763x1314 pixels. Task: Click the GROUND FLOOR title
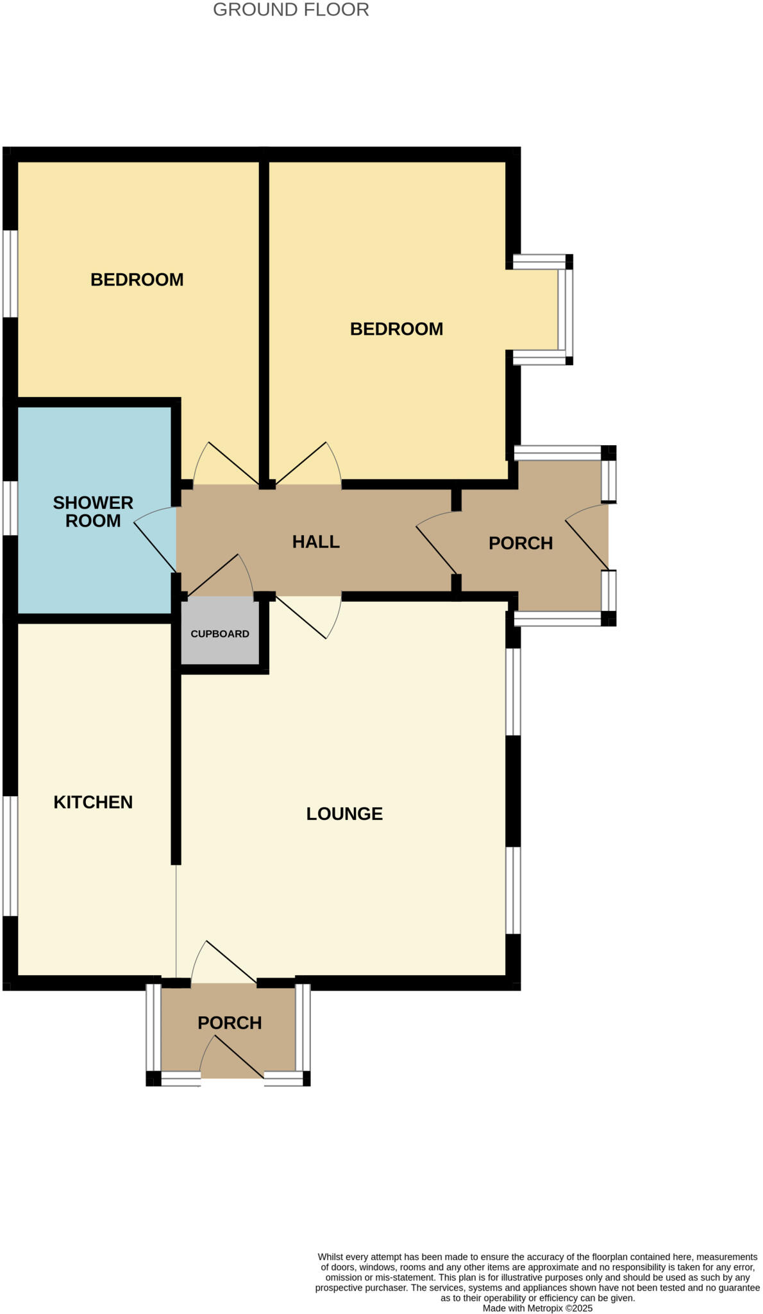click(x=290, y=10)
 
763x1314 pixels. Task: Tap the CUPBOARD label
click(x=219, y=634)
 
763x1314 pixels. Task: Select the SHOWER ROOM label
click(x=93, y=511)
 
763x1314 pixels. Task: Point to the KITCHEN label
click(x=93, y=802)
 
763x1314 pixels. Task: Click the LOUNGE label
click(x=344, y=814)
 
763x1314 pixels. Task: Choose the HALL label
click(x=315, y=542)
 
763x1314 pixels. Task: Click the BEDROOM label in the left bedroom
click(x=137, y=280)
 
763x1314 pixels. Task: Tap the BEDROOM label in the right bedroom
click(x=396, y=329)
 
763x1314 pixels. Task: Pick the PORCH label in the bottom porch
click(x=230, y=1023)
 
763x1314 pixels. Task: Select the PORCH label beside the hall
click(x=521, y=543)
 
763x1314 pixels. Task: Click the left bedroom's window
click(x=10, y=273)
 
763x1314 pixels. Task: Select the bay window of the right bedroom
click(x=565, y=310)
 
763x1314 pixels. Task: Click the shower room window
click(x=10, y=508)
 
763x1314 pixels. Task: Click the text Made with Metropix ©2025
click(x=537, y=1308)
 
